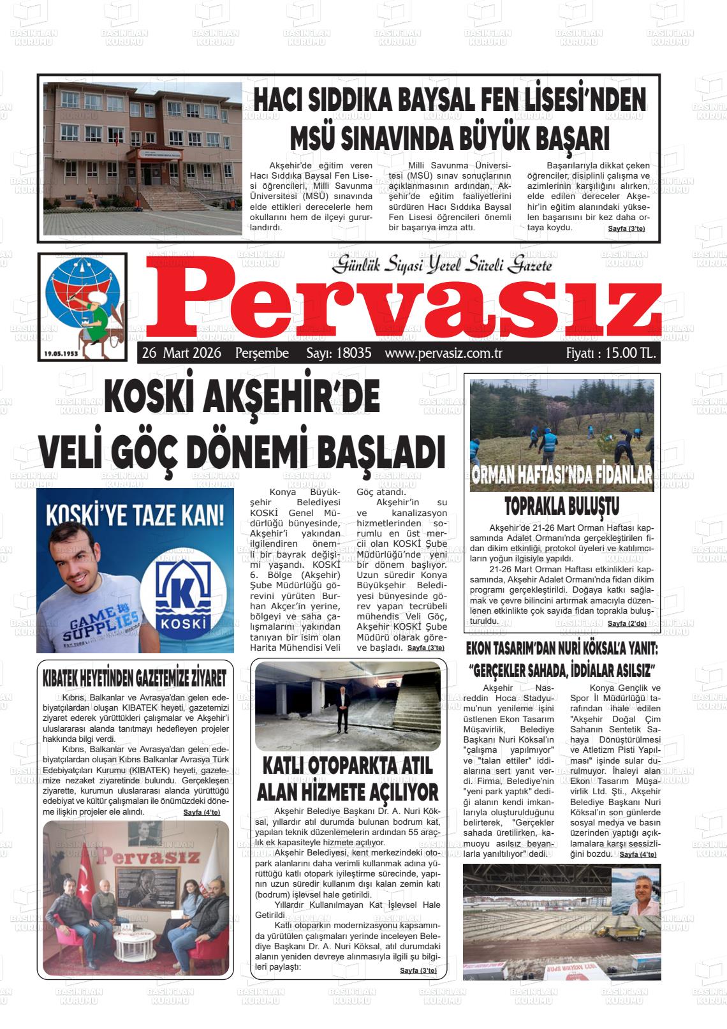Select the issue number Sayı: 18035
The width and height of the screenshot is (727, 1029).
339,353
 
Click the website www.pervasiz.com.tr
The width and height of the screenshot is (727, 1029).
444,353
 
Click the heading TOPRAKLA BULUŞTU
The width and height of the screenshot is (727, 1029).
562,507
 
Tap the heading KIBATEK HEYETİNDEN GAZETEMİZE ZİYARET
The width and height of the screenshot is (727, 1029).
134,677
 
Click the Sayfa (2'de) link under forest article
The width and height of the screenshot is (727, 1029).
627,623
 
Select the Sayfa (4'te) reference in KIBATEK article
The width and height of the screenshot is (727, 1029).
202,812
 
